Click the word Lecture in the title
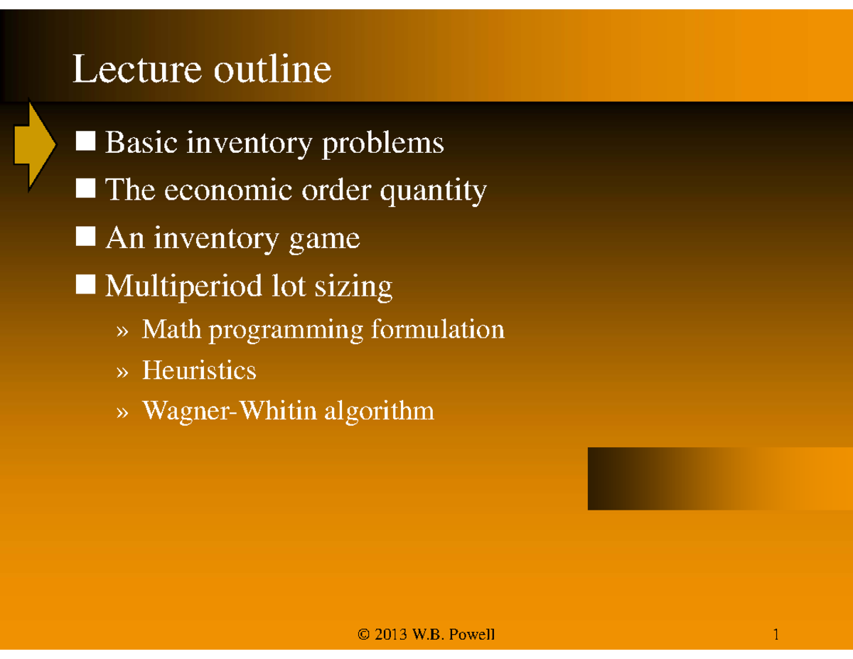point(124,70)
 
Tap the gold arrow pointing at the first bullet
point(33,144)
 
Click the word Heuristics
point(199,370)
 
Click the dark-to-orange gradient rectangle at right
point(719,478)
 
